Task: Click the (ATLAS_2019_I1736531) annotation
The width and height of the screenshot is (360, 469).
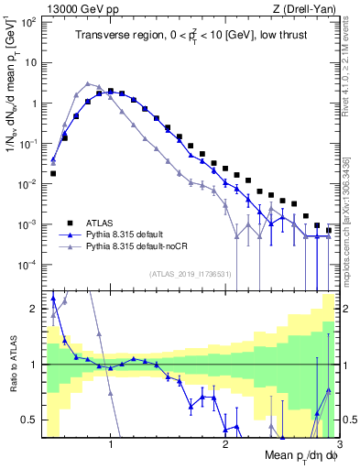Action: (x=192, y=273)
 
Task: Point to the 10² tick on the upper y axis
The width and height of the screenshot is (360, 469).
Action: (x=29, y=22)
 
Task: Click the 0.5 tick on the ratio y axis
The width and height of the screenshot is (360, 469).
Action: (x=30, y=420)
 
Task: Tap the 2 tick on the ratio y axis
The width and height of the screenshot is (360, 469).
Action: (x=35, y=309)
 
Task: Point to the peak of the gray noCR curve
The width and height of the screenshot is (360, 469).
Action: (x=88, y=82)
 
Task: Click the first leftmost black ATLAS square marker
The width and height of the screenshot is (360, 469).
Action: (x=53, y=173)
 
